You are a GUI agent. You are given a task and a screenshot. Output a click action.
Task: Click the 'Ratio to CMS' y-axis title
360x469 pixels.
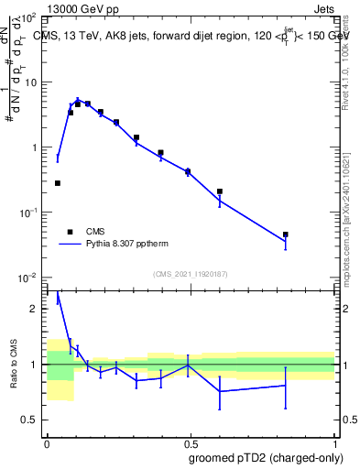click(x=13, y=364)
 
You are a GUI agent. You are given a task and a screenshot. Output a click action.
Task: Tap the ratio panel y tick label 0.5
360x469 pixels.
click(x=33, y=420)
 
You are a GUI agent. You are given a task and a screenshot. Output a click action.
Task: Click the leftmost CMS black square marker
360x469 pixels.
click(x=58, y=183)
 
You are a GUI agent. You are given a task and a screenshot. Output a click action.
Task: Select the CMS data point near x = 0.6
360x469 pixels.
click(x=220, y=191)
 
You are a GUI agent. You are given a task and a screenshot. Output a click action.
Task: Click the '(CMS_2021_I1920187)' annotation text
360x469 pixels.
click(x=191, y=274)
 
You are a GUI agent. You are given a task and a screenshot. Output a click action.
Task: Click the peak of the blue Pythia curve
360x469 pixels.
click(x=78, y=99)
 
